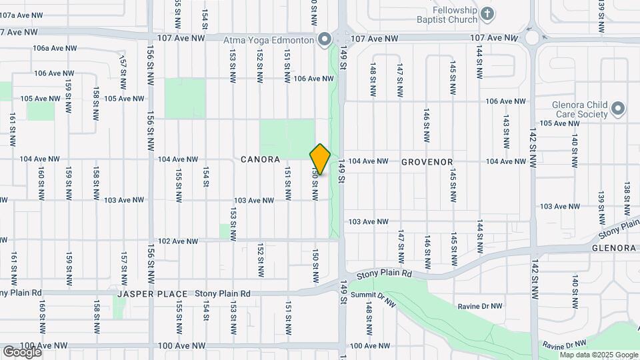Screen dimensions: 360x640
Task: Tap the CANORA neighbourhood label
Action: tap(261, 161)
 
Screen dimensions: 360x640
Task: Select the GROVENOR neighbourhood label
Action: tap(427, 162)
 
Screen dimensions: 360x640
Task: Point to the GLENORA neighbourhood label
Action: tap(614, 248)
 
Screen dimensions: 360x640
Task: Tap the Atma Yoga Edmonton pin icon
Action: tap(324, 40)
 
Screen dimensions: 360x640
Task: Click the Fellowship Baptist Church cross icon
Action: tap(487, 13)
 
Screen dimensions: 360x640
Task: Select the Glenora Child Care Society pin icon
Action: tap(618, 108)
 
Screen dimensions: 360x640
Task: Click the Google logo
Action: tap(22, 351)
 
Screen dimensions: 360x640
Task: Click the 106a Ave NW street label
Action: tap(55, 48)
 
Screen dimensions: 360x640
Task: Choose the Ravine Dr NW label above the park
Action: tap(473, 307)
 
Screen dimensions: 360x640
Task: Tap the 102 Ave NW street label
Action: tap(178, 241)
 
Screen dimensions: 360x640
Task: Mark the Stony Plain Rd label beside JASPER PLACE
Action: tap(223, 294)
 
